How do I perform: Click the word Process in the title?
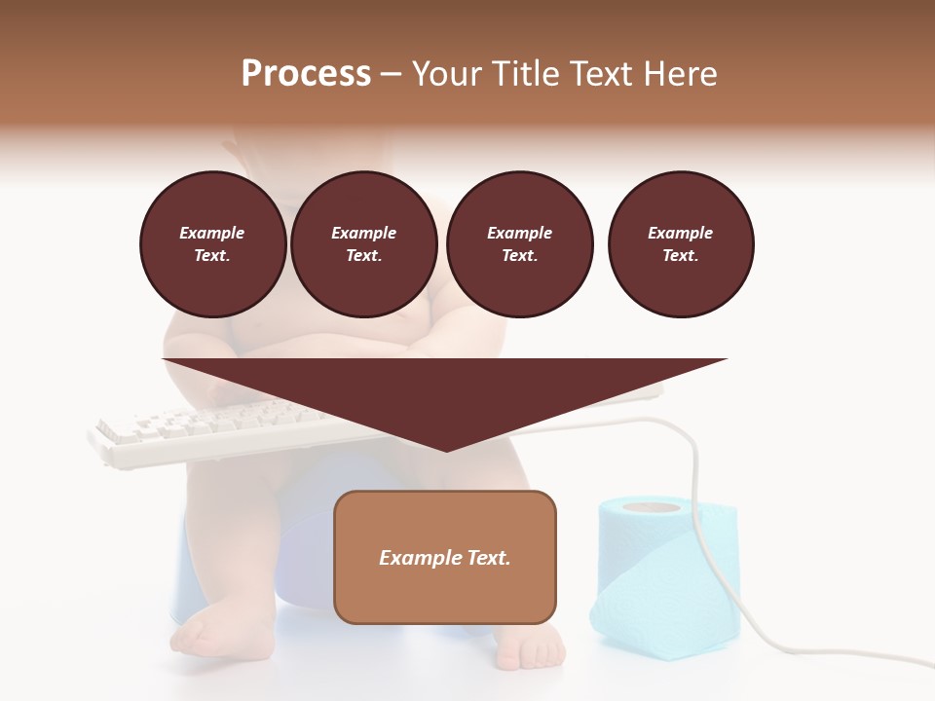306,74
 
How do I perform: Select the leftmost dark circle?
213,244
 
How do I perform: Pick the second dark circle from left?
364,244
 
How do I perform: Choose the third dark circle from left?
520,244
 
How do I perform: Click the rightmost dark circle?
681,244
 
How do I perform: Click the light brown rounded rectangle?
445,557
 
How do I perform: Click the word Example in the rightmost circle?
681,233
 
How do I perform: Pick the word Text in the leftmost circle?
212,255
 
